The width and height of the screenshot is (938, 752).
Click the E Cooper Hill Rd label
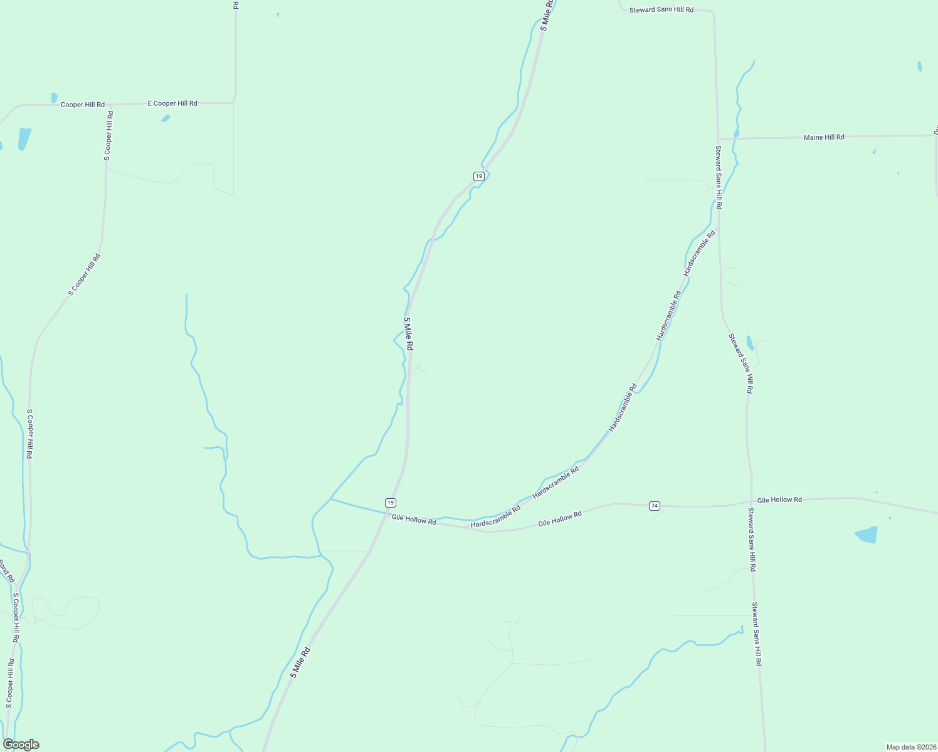(172, 103)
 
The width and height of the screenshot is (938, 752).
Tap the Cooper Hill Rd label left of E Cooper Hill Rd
(82, 105)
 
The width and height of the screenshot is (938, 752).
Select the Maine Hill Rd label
(824, 137)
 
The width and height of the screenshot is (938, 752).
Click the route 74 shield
(655, 506)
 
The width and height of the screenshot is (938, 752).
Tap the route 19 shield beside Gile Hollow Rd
(391, 503)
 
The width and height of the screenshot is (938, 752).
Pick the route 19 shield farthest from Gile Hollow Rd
(479, 176)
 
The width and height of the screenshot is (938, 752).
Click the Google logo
(21, 744)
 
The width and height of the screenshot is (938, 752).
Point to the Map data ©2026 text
(910, 747)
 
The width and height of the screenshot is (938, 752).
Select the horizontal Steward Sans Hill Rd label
(661, 10)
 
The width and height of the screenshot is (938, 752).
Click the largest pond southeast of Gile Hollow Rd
(867, 535)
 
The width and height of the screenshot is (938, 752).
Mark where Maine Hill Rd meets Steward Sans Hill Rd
(718, 138)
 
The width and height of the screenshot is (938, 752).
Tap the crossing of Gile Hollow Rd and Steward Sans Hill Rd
(751, 501)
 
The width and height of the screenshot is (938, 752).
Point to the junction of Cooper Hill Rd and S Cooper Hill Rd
(108, 105)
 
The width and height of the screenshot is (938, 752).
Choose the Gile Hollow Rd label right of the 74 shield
(779, 500)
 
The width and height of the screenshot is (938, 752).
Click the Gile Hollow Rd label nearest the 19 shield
(414, 520)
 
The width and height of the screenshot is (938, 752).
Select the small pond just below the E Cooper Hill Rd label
(166, 118)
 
